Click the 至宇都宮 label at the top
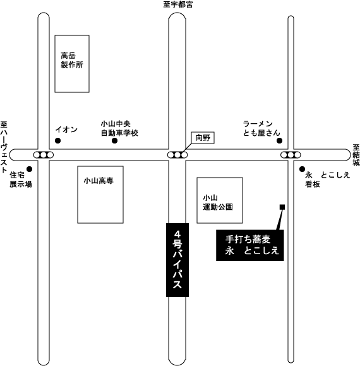pos(178,4)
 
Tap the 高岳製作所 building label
pos(72,60)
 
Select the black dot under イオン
pos(57,141)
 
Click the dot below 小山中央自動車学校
pos(114,141)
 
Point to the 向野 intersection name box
pos(203,138)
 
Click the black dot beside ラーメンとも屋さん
pos(279,141)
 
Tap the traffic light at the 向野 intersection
pos(177,155)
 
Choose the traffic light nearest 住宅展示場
pos(44,155)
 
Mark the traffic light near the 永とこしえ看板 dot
pos(291,155)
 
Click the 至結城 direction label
pos(356,155)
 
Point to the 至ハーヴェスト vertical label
pos(4,147)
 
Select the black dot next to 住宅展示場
pos(29,169)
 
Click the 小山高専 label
pos(99,181)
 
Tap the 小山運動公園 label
pos(218,202)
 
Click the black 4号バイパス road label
pos(177,260)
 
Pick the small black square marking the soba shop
pos(282,207)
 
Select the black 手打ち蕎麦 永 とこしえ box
pos(250,245)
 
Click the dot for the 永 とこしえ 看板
pos(302,169)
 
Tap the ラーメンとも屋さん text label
pos(261,128)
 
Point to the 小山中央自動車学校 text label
pos(119,128)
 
